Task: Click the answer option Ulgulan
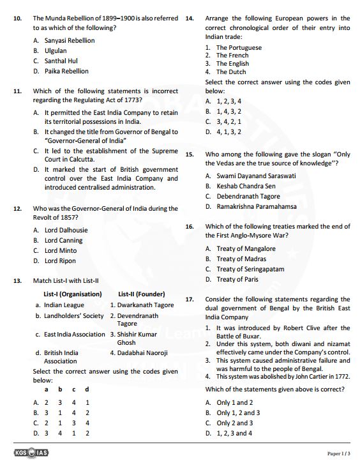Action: coord(55,50)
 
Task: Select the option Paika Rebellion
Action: coord(66,71)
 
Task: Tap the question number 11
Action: coord(18,91)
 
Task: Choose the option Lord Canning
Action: coord(63,240)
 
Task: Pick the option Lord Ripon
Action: coord(60,261)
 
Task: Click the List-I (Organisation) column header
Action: coord(72,294)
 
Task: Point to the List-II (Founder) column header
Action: coord(141,294)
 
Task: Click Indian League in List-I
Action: coord(64,305)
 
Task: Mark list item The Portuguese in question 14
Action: coord(238,48)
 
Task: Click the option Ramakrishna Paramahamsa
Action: coord(256,206)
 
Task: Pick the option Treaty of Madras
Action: coord(241,259)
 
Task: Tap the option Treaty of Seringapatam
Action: coord(250,269)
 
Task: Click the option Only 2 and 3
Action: coord(234,423)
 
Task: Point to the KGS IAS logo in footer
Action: coord(31,453)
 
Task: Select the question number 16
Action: coord(190,227)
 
